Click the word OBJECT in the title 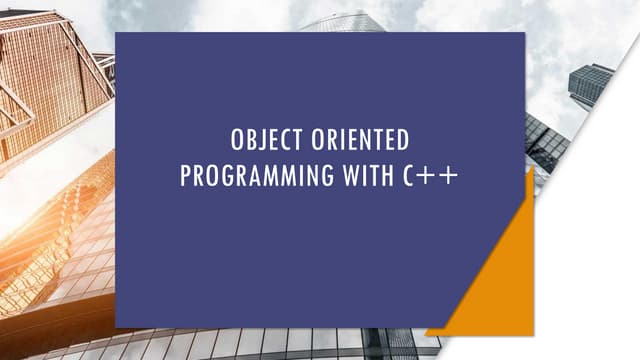pyautogui.click(x=262, y=140)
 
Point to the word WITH pyautogui.click(x=369, y=176)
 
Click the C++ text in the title pyautogui.click(x=432, y=176)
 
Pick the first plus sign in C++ pyautogui.click(x=431, y=177)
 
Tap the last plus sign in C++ pyautogui.click(x=449, y=177)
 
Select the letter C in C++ pyautogui.click(x=412, y=176)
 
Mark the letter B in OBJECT pyautogui.click(x=248, y=140)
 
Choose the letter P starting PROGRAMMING pyautogui.click(x=185, y=176)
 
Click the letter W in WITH pyautogui.click(x=351, y=176)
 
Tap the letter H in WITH pyautogui.click(x=389, y=176)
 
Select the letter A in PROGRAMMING pyautogui.click(x=254, y=176)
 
